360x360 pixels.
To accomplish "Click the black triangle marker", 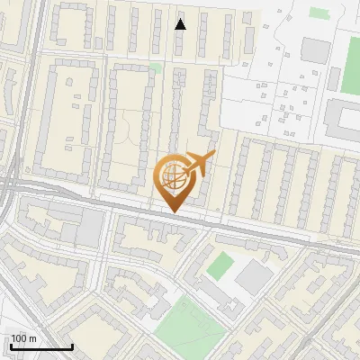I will tap(180, 24).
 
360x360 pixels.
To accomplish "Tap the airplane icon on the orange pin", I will tap(198, 164).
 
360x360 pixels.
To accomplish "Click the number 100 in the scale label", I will tap(19, 338).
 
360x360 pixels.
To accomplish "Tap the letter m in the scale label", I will tap(31, 338).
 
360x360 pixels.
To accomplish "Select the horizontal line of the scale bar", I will tap(41, 346).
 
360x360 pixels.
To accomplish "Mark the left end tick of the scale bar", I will tap(11, 345).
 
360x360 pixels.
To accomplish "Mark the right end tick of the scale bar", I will tap(72, 345).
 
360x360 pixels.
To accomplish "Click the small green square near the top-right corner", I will tap(319, 13).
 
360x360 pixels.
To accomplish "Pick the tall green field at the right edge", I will tap(350, 63).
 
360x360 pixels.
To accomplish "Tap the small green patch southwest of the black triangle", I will tap(155, 67).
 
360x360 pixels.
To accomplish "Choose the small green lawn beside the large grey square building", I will tap(220, 265).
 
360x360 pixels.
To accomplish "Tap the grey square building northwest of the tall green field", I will tap(315, 49).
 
